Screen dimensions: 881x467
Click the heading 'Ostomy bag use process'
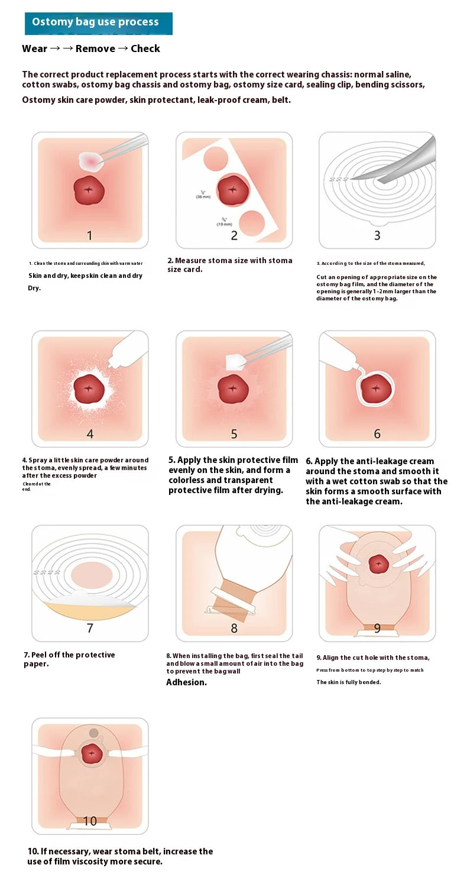click(95, 22)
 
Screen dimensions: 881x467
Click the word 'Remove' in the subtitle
click(95, 48)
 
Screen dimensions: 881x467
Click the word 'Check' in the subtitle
click(145, 48)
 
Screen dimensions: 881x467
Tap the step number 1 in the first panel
click(89, 236)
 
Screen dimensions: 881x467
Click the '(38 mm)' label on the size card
click(203, 196)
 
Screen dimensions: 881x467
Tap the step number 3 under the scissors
click(377, 235)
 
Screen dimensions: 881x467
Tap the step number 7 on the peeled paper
click(90, 628)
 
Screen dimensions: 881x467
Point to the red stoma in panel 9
click(377, 564)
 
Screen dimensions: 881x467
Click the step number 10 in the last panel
click(90, 821)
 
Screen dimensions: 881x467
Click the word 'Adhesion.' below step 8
click(186, 682)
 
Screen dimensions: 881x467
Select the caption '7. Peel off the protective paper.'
click(69, 659)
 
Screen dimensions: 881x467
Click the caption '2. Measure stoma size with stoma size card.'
click(229, 265)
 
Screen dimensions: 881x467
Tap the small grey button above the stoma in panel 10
click(94, 733)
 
